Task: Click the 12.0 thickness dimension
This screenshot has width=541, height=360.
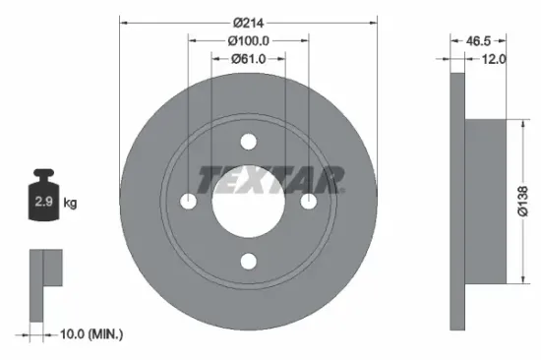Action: click(493, 59)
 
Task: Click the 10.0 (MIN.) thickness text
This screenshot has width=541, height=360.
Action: click(88, 334)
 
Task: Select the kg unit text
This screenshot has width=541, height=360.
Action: click(70, 204)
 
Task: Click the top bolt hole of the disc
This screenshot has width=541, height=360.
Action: click(248, 141)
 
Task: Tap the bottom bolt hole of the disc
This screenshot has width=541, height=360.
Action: click(248, 261)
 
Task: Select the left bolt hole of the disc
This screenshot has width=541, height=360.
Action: click(188, 201)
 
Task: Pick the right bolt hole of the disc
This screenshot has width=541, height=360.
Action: click(308, 201)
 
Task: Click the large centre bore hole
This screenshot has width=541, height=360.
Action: click(248, 202)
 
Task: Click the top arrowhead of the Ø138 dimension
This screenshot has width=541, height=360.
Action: click(511, 123)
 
